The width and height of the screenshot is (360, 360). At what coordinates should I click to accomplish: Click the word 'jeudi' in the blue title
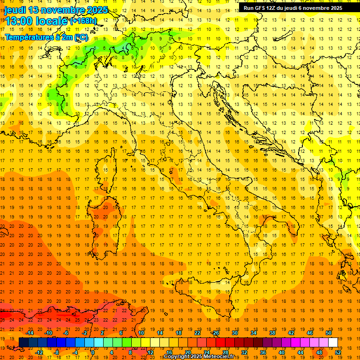[15, 10]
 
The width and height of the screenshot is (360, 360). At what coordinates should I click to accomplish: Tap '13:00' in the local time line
[18, 21]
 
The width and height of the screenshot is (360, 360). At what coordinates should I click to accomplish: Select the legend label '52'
[338, 352]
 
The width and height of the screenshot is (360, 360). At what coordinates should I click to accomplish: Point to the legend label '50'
[329, 333]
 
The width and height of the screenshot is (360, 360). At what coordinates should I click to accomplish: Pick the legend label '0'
[93, 352]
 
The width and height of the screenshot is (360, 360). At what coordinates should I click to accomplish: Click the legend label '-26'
[215, 333]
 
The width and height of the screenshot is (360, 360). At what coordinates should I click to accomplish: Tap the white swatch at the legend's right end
[333, 342]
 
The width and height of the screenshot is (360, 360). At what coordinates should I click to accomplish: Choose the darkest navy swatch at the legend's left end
[23, 342]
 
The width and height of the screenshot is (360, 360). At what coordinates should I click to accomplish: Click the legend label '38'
[272, 333]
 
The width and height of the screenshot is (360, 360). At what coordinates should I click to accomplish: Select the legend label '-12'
[39, 352]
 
